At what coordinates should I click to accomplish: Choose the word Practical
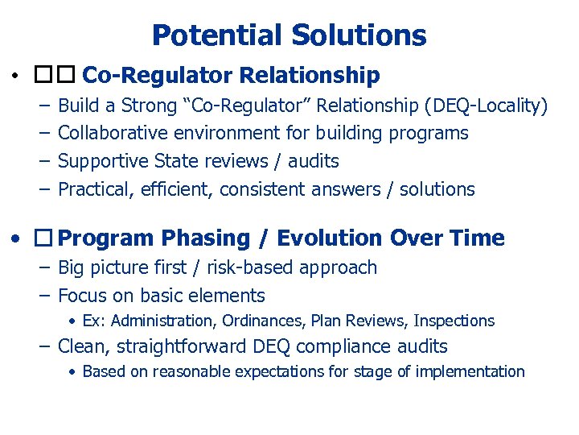point(92,189)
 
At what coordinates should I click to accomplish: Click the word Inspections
point(454,321)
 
